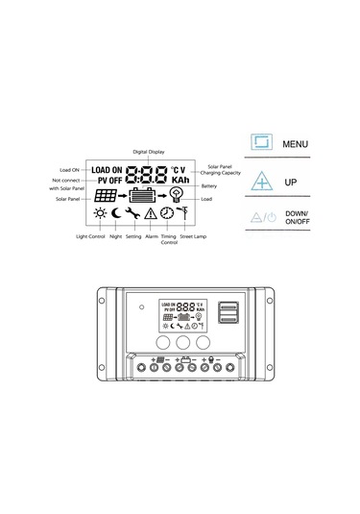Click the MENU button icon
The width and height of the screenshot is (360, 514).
tap(261, 143)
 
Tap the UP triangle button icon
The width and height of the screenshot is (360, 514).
tap(261, 180)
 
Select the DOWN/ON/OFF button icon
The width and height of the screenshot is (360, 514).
tap(261, 216)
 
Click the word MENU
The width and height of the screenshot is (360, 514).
tap(296, 144)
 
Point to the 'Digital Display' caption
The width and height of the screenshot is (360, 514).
tap(148, 151)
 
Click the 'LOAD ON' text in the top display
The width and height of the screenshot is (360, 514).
tap(107, 170)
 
